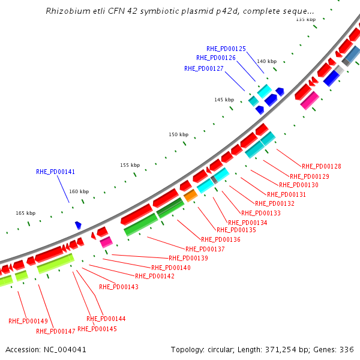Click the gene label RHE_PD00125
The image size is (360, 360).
click(226, 49)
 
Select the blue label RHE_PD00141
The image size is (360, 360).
click(56, 172)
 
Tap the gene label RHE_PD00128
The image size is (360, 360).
click(321, 166)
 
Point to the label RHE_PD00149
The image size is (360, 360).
click(28, 321)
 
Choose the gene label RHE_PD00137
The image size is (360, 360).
click(205, 249)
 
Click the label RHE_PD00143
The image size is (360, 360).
click(119, 287)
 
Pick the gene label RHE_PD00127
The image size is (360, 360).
click(204, 68)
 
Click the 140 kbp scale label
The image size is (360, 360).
click(267, 61)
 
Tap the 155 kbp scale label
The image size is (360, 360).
click(130, 165)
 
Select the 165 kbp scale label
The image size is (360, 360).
click(25, 213)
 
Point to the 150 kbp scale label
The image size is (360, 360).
click(178, 135)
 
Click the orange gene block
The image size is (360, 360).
click(190, 196)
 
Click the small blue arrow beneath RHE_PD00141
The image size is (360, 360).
click(78, 226)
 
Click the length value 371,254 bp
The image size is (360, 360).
click(289, 349)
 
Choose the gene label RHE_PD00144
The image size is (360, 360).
click(106, 319)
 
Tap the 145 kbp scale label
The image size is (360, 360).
click(224, 100)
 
